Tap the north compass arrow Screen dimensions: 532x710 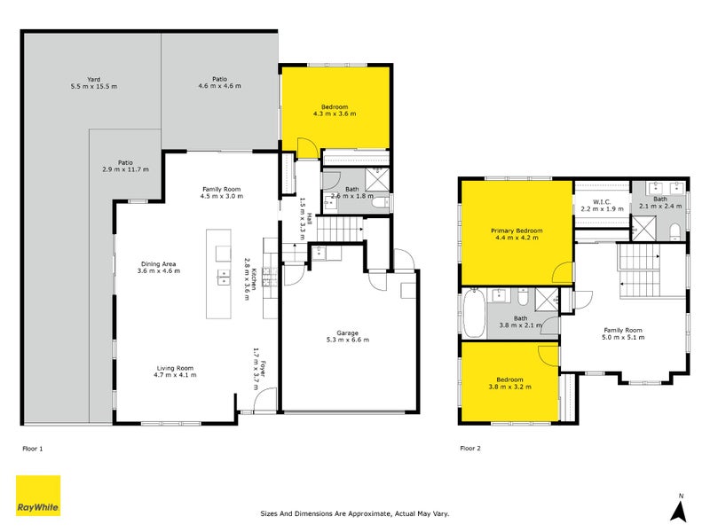(x=679, y=511)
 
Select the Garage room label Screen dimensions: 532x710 (x=347, y=335)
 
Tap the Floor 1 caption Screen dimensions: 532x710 (x=33, y=448)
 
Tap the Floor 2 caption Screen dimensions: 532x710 (x=470, y=448)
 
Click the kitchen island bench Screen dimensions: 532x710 (x=219, y=274)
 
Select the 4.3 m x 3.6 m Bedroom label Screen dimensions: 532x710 (x=335, y=113)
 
